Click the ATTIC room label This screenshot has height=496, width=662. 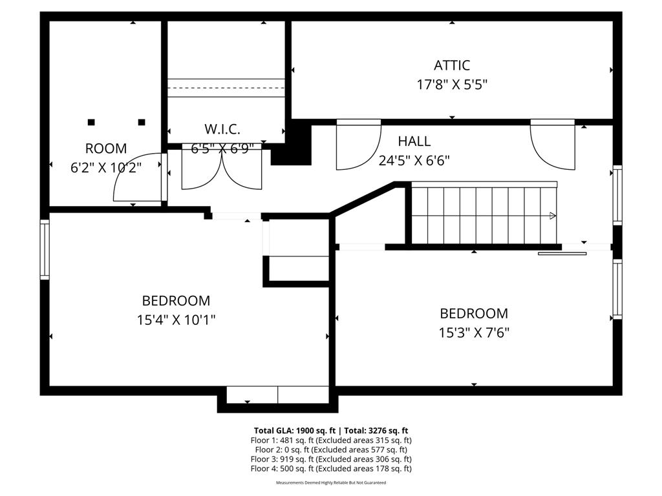pos(451,65)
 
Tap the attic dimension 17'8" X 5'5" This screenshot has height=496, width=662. pos(451,84)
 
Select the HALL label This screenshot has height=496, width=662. pos(414,141)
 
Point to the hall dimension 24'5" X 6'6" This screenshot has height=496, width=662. pos(414,160)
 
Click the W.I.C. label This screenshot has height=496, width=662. pos(222,129)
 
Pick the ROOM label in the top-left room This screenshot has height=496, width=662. pos(106,149)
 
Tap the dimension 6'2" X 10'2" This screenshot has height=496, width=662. pos(106,167)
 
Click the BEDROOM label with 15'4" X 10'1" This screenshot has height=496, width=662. pos(176,301)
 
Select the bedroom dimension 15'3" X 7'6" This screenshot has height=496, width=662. pos(474,333)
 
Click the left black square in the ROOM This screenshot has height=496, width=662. pos(91,122)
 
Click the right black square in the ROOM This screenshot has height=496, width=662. pos(142,122)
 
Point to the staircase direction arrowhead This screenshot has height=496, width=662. pos(553,216)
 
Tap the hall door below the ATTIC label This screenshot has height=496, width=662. pos(358,145)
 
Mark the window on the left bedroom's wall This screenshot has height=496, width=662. pos(45,249)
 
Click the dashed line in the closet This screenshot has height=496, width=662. pos(226,88)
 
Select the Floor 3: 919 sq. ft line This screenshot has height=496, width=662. pos(330,459)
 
